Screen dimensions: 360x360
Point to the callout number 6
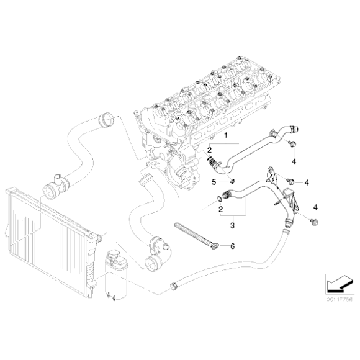[x=233, y=246]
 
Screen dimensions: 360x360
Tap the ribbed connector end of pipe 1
[x=213, y=164]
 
